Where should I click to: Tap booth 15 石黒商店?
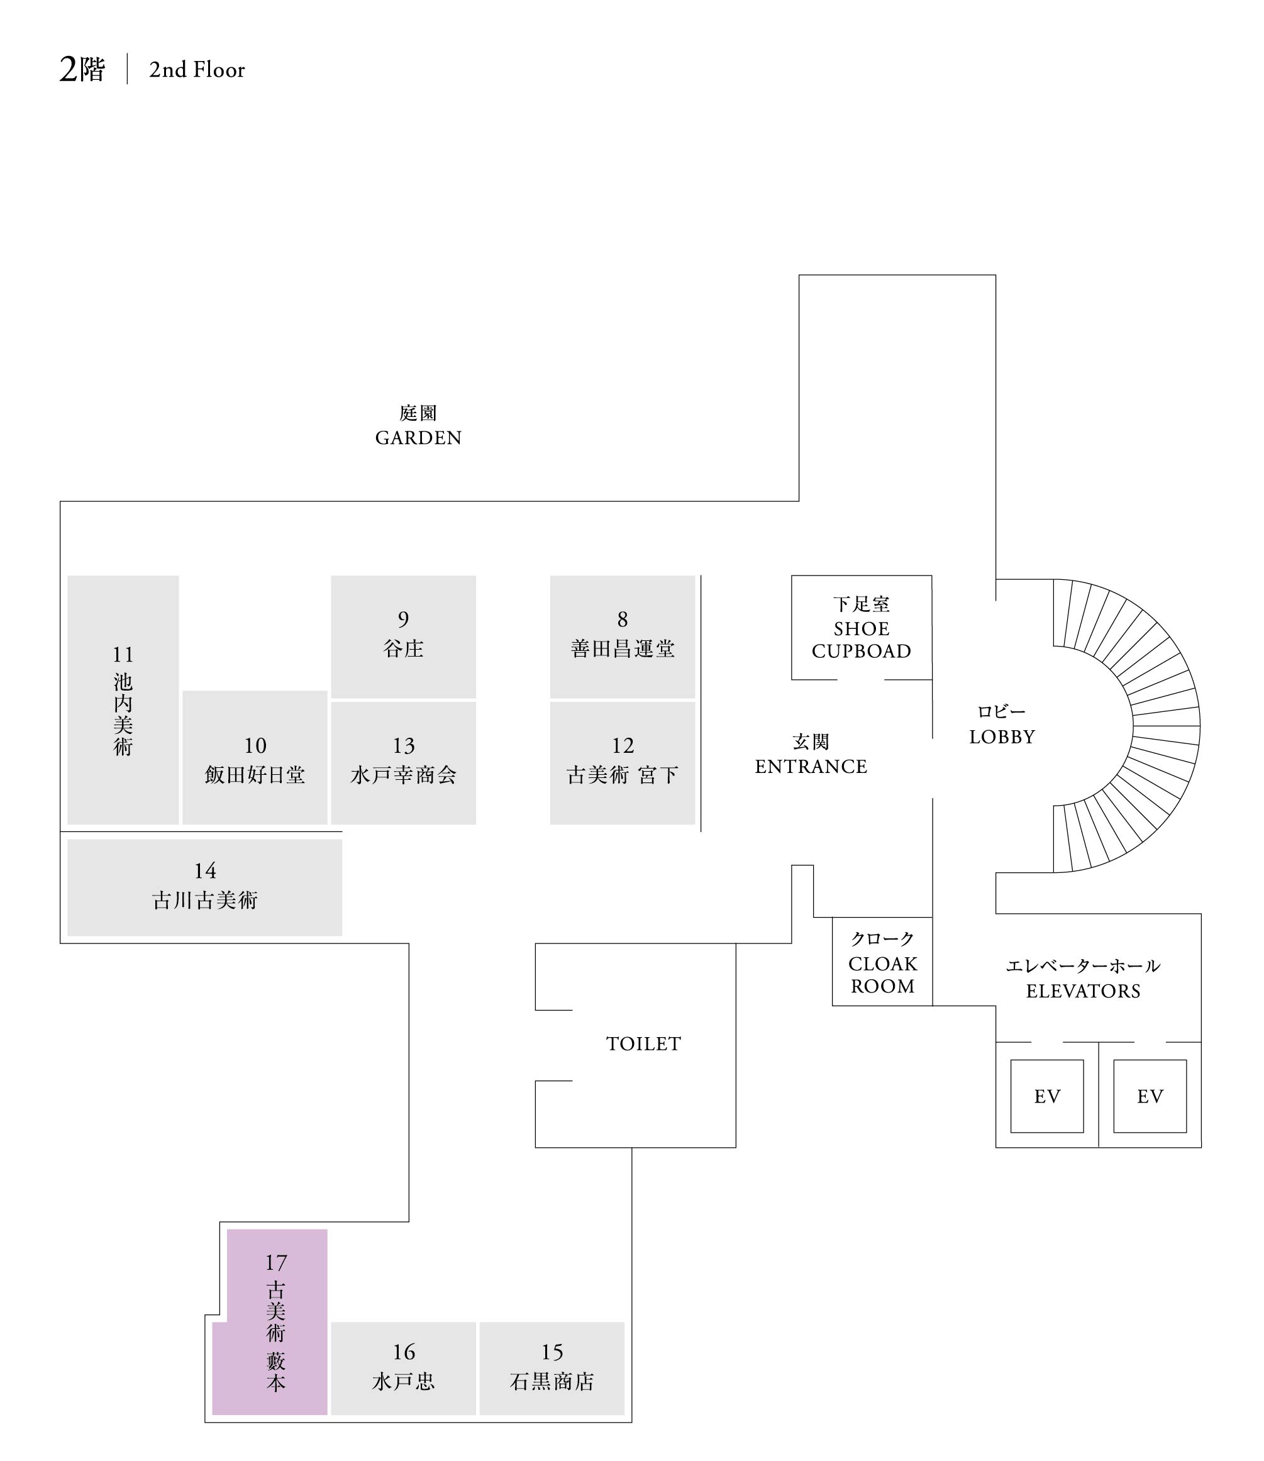(x=552, y=1368)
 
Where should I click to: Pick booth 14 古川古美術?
(x=204, y=887)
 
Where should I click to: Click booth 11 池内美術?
(x=123, y=699)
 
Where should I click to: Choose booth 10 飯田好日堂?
(x=255, y=758)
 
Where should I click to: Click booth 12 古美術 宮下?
(x=622, y=762)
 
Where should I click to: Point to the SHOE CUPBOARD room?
(x=862, y=627)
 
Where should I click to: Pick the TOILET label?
(x=643, y=1043)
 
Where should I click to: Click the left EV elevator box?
(x=1047, y=1096)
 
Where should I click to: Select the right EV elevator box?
(x=1150, y=1096)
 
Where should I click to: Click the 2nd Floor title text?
(x=197, y=70)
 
